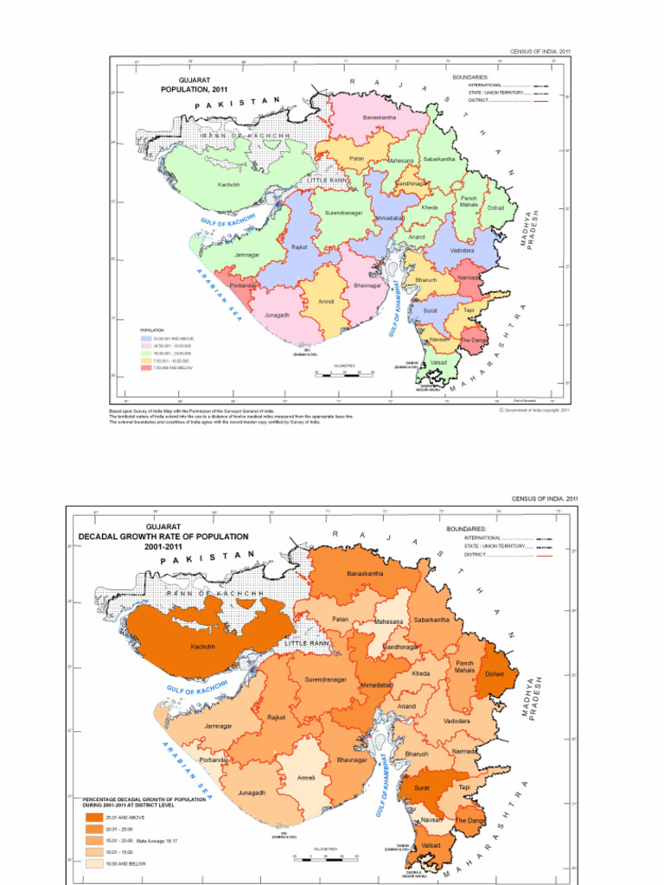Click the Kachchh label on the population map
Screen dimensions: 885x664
pos(229,185)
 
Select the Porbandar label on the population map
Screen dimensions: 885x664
pos(243,285)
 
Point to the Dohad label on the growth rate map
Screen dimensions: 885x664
pos(494,673)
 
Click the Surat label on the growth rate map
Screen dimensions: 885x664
pos(422,788)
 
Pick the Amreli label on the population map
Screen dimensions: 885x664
pos(326,302)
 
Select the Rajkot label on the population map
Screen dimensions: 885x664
pos(299,247)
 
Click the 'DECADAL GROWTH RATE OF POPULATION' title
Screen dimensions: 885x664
pos(163,536)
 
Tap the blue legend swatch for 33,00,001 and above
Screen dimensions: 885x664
pos(146,338)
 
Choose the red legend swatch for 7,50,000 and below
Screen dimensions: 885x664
pos(146,368)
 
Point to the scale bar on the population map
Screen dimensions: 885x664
pos(344,372)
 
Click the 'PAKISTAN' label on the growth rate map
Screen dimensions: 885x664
pos(208,557)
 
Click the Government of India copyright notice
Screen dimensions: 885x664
pos(534,411)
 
